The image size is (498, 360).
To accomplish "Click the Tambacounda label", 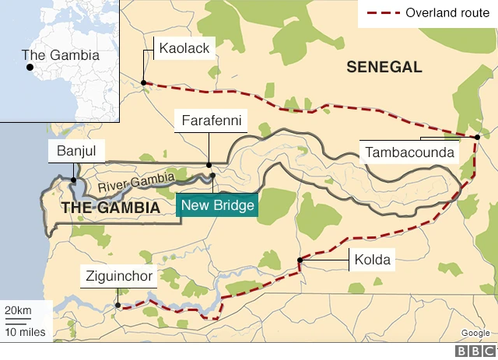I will pos(409,152).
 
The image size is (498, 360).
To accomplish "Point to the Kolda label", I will pos(371,260).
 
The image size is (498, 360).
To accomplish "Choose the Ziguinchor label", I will pos(117,276).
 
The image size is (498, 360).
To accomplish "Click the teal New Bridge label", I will pos(218,206).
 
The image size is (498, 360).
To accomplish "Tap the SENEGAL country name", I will pos(384,68).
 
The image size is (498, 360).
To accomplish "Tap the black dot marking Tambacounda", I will pos(477,138).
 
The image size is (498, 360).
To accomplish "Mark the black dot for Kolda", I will pos(300,260).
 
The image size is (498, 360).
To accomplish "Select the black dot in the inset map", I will pos(30,68).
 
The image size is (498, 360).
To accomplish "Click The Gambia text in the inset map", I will pos(61,55).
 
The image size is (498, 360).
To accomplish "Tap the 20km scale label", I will pos(19,311).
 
